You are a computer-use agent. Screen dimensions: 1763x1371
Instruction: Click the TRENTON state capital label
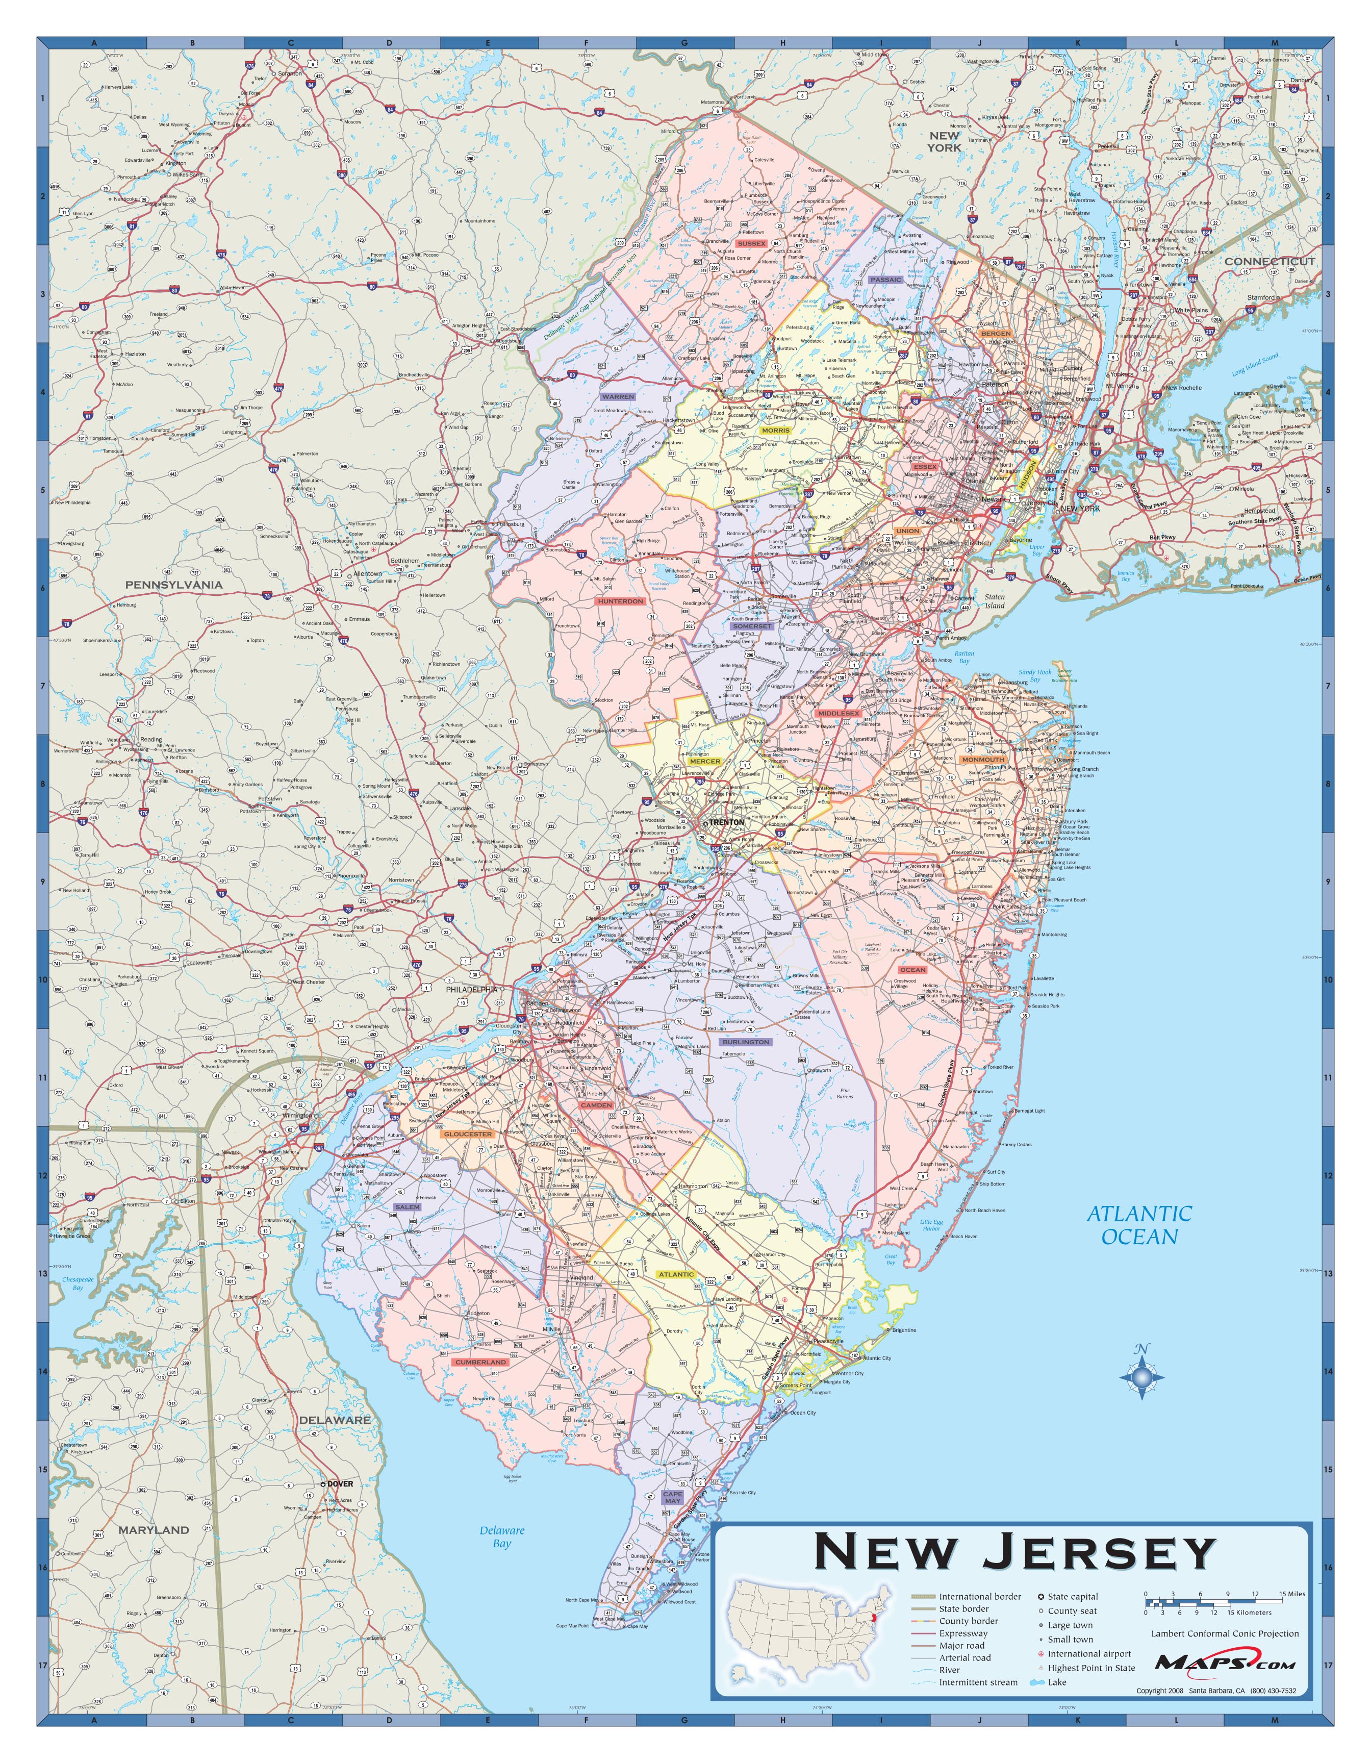726,822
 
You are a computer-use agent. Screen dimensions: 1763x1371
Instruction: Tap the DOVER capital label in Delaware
340,1483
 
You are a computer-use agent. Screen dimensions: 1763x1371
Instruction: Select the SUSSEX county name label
750,243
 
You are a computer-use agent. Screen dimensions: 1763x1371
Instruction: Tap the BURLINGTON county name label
746,1042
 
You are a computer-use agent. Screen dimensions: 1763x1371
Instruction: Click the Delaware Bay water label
502,1536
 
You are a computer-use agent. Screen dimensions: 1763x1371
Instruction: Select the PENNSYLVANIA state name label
173,584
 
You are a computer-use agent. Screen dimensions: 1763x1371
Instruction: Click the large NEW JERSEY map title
1014,1551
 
